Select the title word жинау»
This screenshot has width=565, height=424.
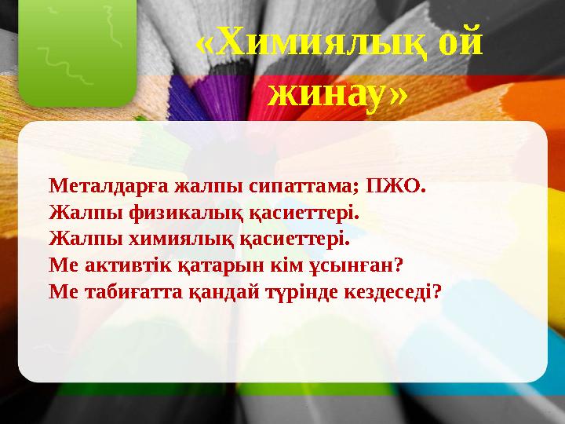click(337, 96)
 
